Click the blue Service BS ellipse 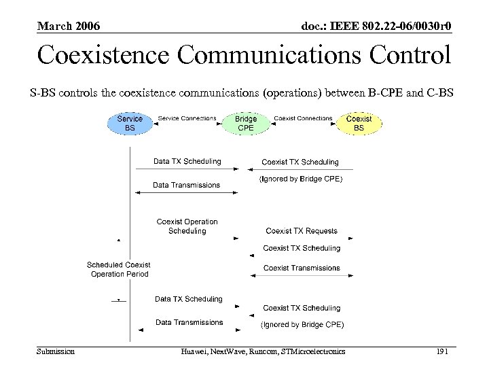(130, 123)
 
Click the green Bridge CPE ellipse (245, 123)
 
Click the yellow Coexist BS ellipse (359, 123)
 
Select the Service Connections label (187, 118)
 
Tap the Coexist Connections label (303, 118)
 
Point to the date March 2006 (69, 27)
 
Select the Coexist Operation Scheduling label (187, 226)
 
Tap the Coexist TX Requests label (302, 231)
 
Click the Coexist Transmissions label (302, 268)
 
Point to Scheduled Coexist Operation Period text (119, 269)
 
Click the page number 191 (441, 351)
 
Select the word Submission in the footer (56, 351)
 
